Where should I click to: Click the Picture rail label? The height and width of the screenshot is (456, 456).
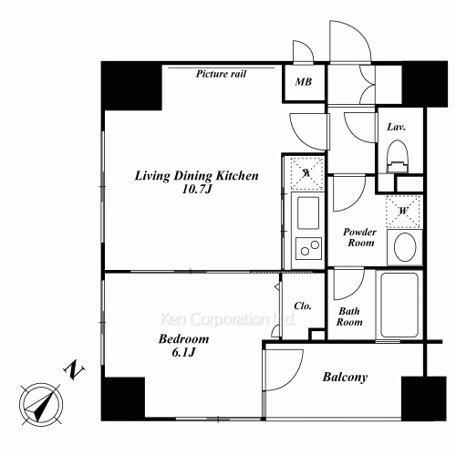click(x=221, y=74)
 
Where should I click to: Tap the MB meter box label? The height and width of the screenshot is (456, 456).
click(x=304, y=82)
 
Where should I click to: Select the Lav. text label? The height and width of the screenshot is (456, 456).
click(x=396, y=127)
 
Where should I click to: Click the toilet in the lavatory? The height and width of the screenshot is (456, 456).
click(x=397, y=157)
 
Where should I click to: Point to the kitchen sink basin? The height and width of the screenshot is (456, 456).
click(x=308, y=212)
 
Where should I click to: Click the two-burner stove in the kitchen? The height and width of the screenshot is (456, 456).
click(x=308, y=248)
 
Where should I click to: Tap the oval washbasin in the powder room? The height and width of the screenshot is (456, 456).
click(x=405, y=247)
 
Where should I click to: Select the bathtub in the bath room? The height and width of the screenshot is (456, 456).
click(x=399, y=305)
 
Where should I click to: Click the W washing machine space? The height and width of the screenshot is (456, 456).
click(x=403, y=212)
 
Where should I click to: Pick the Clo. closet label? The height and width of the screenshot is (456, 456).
click(x=303, y=306)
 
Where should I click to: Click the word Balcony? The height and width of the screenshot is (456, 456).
click(x=345, y=378)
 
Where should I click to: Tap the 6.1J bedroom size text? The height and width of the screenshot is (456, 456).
click(x=183, y=352)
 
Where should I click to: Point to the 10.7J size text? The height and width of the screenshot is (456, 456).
click(x=196, y=190)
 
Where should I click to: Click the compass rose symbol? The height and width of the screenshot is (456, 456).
click(x=42, y=404)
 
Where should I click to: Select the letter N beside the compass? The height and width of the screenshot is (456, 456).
click(x=74, y=370)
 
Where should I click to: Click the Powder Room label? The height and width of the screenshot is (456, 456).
click(x=360, y=237)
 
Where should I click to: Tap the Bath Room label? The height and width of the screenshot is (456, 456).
click(x=349, y=316)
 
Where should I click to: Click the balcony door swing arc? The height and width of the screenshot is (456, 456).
click(x=295, y=377)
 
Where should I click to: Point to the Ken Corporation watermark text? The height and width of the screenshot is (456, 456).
click(x=227, y=319)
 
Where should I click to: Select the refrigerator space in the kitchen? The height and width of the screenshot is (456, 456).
click(x=306, y=173)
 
